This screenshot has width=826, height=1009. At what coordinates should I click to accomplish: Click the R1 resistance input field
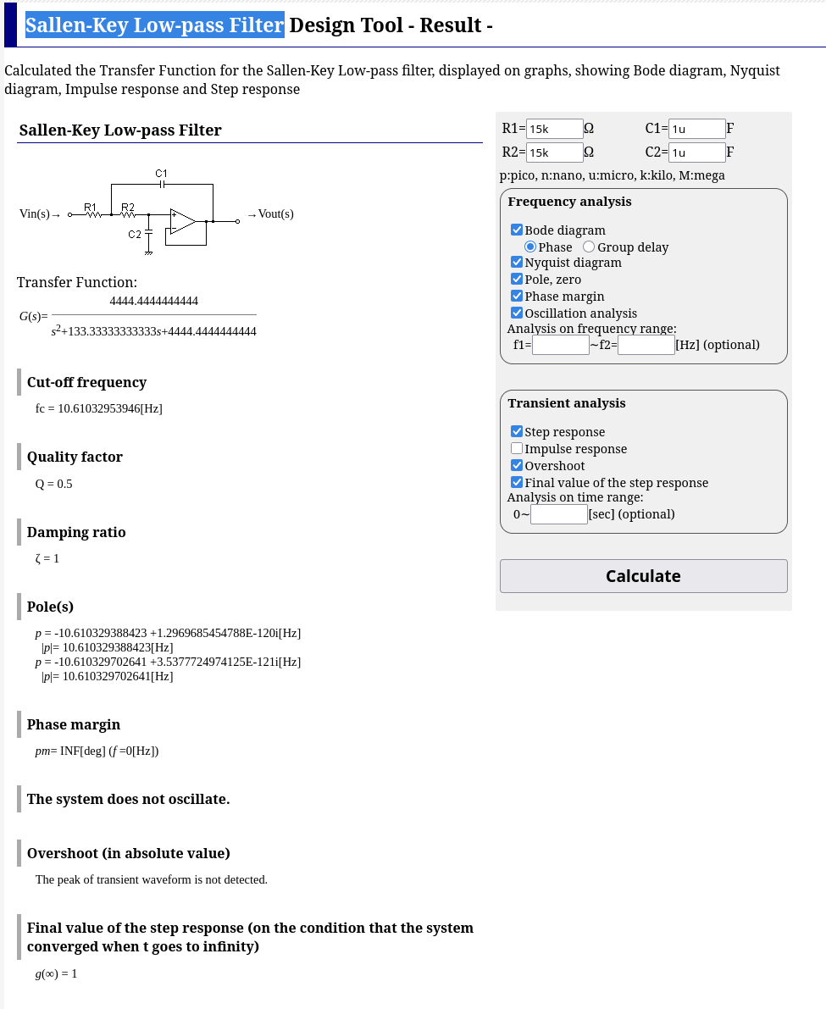[x=554, y=129]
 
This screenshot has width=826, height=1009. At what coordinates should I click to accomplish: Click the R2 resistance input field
[x=554, y=152]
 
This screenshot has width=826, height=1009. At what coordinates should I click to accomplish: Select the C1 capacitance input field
[x=696, y=129]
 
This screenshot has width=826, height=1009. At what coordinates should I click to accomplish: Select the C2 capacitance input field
[x=696, y=152]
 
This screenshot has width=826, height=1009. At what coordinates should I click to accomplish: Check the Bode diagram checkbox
[x=517, y=230]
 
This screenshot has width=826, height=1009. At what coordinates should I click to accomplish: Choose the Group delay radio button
[x=589, y=247]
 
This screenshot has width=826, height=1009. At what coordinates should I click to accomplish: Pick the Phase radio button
[x=530, y=247]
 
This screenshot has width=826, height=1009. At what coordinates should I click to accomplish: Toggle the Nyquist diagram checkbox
[x=517, y=263]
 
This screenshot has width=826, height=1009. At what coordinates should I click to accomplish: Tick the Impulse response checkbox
[x=517, y=448]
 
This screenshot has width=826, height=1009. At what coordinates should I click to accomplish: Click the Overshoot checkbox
[x=517, y=465]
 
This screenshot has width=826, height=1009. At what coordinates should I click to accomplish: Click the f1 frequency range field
[x=560, y=345]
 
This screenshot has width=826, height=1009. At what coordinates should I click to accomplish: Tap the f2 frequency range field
[x=646, y=345]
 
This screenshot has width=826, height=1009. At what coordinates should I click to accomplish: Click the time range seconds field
[x=558, y=514]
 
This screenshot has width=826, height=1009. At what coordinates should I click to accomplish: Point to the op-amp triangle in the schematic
[x=182, y=221]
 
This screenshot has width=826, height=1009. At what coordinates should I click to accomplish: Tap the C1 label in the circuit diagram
[x=161, y=173]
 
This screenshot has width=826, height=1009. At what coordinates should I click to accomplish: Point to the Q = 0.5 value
[x=54, y=484]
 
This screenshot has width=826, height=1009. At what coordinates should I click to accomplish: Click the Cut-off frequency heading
[x=86, y=382]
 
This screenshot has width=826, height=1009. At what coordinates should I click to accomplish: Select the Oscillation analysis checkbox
[x=517, y=313]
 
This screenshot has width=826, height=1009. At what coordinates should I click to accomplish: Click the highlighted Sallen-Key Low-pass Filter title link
[x=154, y=25]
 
